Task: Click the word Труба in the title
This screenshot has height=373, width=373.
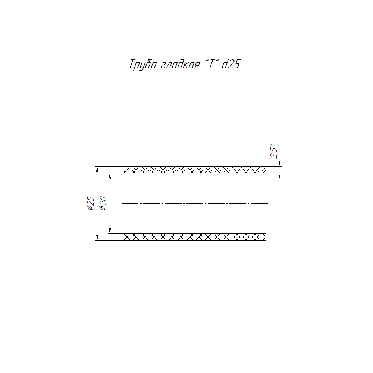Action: pyautogui.click(x=143, y=65)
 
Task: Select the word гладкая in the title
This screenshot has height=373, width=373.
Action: pyautogui.click(x=180, y=65)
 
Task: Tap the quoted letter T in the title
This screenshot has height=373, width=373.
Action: pyautogui.click(x=211, y=64)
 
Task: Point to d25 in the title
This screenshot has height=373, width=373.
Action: pyautogui.click(x=231, y=64)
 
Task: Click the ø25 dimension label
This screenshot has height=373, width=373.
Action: pyautogui.click(x=91, y=203)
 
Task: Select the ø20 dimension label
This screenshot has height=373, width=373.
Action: pyautogui.click(x=103, y=203)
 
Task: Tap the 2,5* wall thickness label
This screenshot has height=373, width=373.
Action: pyautogui.click(x=274, y=151)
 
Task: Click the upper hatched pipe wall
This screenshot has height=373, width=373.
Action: pyautogui.click(x=195, y=170)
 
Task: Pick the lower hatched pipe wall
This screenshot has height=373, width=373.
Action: pyautogui.click(x=195, y=237)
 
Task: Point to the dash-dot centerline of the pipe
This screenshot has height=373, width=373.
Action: pyautogui.click(x=195, y=203)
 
